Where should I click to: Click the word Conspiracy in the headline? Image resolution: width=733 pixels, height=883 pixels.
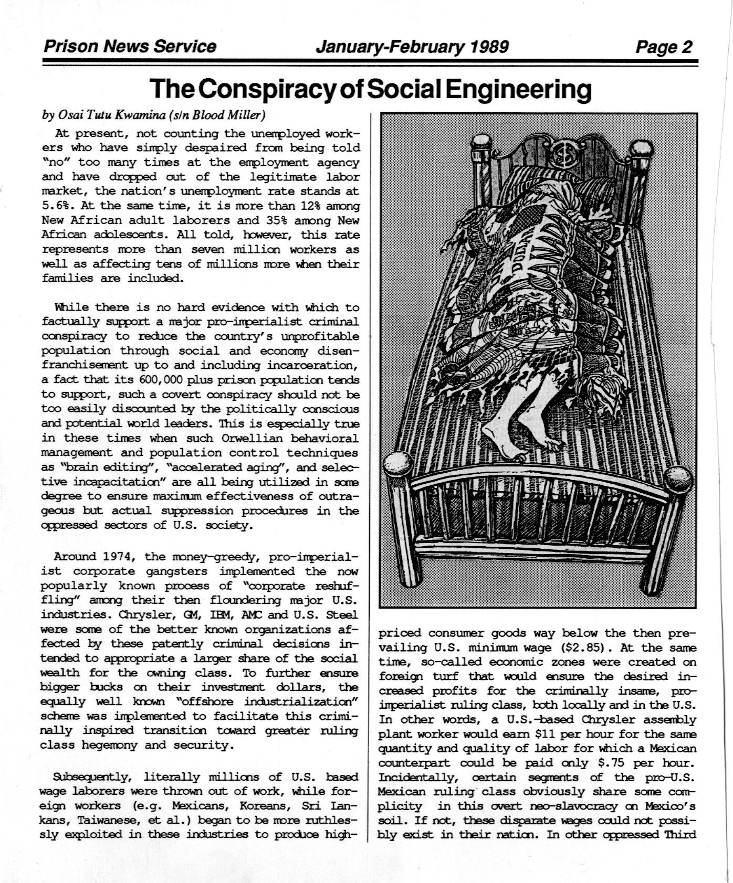(268, 90)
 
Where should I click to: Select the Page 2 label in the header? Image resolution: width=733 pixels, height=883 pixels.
(664, 47)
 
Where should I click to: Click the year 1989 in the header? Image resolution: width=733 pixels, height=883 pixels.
(489, 47)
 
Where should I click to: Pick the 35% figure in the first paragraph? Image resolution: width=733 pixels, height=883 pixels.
(284, 220)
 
